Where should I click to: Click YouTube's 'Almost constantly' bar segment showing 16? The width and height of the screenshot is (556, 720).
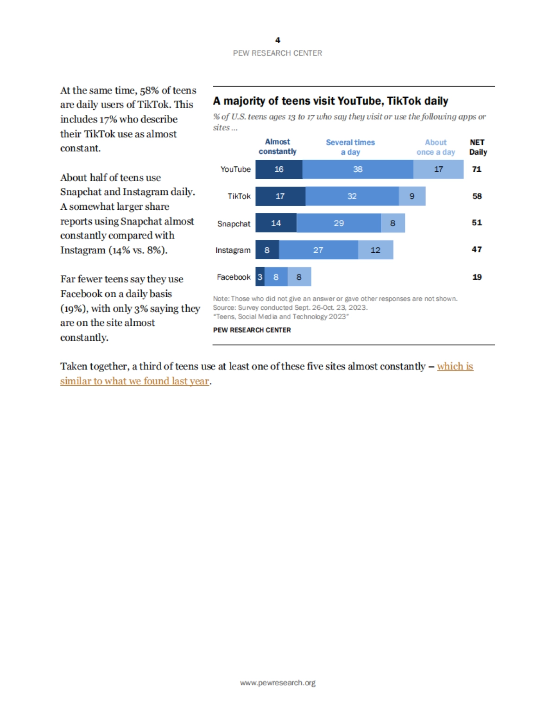pos(279,169)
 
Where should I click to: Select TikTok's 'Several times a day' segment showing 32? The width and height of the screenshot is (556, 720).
pos(352,196)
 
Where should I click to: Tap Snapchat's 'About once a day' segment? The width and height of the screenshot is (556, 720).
pos(393,223)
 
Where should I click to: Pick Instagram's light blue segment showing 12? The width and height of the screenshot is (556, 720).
pos(375,250)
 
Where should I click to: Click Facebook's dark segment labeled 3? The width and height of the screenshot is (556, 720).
pos(260,277)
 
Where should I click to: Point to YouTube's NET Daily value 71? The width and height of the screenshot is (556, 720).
pos(477,169)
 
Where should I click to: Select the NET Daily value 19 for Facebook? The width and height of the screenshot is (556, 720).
pos(477,277)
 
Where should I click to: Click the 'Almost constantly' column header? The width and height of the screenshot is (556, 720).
pos(278,147)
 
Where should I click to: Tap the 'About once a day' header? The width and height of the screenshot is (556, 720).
pos(436,147)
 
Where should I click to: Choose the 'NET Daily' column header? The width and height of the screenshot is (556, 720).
pos(478,147)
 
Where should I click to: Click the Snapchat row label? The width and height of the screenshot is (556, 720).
pos(234,224)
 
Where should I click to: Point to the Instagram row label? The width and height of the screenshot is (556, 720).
pos(233,250)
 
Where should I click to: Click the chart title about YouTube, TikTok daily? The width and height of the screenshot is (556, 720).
pos(330,101)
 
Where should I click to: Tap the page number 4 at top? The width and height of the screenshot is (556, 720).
pos(278,40)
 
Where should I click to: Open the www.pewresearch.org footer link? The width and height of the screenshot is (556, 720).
pos(278,682)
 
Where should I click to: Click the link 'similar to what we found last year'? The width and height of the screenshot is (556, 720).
pos(134,381)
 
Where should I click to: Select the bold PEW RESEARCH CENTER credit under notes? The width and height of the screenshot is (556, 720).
pos(252,330)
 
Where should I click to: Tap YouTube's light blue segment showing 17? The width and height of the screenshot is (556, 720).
pos(438,169)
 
